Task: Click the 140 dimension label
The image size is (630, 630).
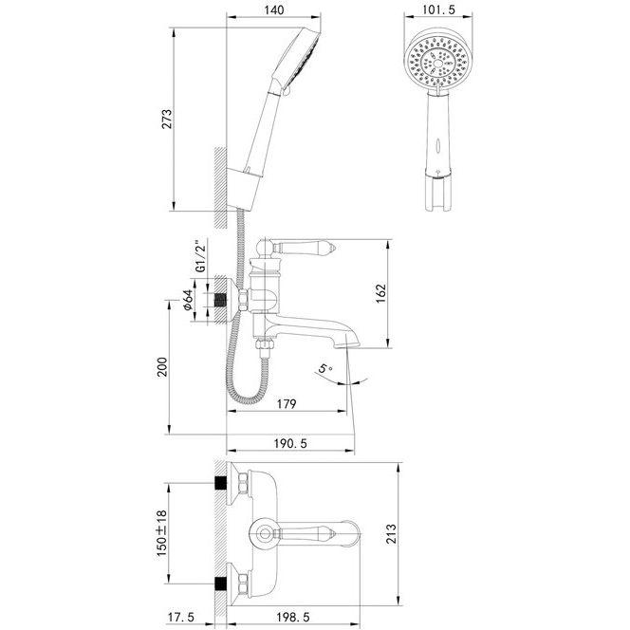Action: tap(274, 9)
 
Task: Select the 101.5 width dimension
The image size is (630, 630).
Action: tap(438, 9)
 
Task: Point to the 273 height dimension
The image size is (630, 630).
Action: tap(166, 119)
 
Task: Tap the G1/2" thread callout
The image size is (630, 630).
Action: tap(200, 256)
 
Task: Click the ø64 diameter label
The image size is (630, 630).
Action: tap(188, 300)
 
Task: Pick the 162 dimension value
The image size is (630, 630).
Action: tap(380, 294)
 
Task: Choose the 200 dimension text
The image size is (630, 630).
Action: tap(162, 366)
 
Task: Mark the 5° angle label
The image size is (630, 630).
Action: tap(325, 368)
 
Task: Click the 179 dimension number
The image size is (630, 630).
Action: tap(287, 404)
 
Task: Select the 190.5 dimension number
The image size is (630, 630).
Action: tap(290, 444)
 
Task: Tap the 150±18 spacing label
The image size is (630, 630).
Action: tap(161, 533)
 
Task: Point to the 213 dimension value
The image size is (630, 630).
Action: tap(391, 533)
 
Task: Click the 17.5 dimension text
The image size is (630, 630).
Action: tap(181, 617)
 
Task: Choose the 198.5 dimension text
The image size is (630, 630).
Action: tap(293, 617)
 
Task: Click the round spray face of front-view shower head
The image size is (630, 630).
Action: tap(437, 62)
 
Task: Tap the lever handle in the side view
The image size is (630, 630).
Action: tap(305, 247)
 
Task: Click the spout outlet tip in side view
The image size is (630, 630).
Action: tap(346, 345)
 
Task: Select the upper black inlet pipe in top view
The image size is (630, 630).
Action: tap(220, 483)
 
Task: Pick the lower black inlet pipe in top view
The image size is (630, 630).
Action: tap(220, 584)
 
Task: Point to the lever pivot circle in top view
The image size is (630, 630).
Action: tap(264, 534)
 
